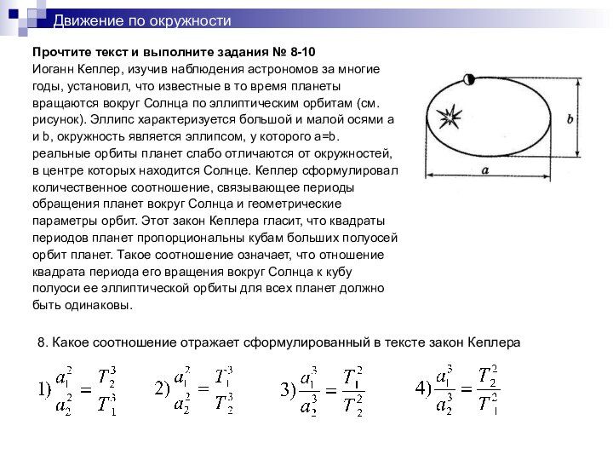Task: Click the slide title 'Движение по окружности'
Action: [142, 20]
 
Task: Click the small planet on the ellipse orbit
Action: [468, 79]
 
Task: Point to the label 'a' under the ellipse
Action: [484, 170]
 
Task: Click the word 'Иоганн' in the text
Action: [53, 68]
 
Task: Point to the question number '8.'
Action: [43, 342]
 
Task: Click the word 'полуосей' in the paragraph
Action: [372, 238]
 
